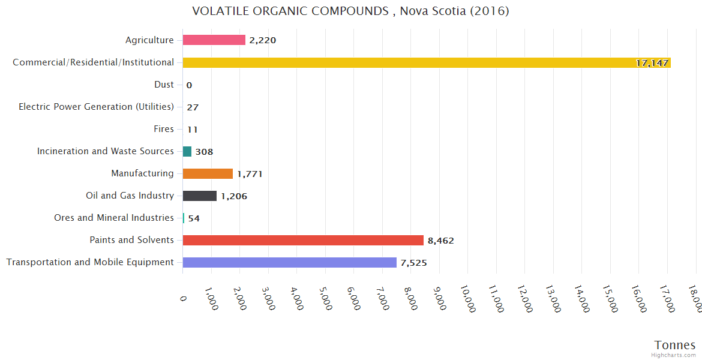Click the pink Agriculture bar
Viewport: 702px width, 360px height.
214,40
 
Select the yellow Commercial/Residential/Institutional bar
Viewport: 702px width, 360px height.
426,62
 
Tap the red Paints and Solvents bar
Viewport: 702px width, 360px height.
303,240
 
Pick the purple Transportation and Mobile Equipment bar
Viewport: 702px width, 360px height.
289,262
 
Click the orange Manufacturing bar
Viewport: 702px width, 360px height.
208,173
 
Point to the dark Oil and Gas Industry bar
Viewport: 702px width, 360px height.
199,196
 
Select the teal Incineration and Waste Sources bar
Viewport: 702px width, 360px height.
187,151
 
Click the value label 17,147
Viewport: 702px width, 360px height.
652,63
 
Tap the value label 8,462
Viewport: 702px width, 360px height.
440,241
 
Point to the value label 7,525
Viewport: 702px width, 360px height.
413,263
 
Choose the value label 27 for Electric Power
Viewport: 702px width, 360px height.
193,107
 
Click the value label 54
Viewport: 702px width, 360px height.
194,218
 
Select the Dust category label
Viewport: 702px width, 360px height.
164,85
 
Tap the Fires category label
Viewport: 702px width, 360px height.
164,129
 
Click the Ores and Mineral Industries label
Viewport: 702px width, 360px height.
114,218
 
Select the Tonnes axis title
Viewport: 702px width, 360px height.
674,345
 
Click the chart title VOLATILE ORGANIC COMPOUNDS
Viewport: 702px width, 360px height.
350,11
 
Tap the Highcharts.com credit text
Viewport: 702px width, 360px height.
674,355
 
